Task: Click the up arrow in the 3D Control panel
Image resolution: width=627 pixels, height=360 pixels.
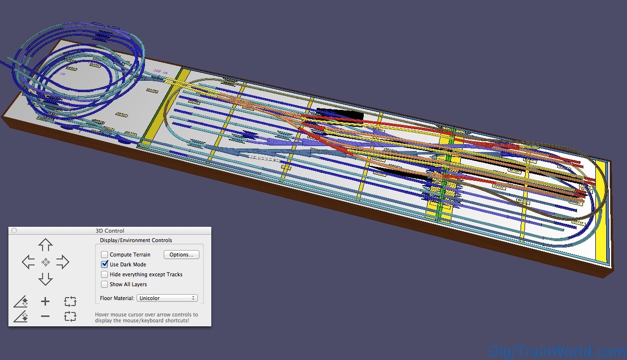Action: click(46, 245)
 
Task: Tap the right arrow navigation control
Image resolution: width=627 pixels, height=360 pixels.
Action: click(62, 262)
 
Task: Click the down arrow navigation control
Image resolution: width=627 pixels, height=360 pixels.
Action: click(46, 279)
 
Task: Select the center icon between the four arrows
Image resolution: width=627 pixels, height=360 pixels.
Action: click(46, 262)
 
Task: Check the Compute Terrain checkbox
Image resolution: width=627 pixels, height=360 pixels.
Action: click(104, 255)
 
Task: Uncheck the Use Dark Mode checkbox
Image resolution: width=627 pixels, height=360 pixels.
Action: click(104, 264)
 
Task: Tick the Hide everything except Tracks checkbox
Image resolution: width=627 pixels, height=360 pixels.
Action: click(104, 274)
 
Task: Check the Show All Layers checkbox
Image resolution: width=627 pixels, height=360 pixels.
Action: click(104, 284)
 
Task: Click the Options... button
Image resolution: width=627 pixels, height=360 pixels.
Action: click(182, 255)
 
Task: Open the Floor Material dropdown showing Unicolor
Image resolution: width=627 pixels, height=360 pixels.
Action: click(167, 298)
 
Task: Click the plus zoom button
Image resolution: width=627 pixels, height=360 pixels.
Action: click(46, 302)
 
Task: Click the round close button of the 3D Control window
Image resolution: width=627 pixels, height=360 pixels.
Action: click(14, 231)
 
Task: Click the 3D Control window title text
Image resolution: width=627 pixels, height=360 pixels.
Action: click(110, 231)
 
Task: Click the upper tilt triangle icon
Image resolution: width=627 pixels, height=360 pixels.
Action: click(21, 302)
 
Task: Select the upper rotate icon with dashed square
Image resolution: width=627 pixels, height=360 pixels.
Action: click(70, 302)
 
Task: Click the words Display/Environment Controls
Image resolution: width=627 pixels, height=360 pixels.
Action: click(136, 240)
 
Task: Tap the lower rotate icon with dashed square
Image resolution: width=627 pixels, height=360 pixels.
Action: click(70, 316)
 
